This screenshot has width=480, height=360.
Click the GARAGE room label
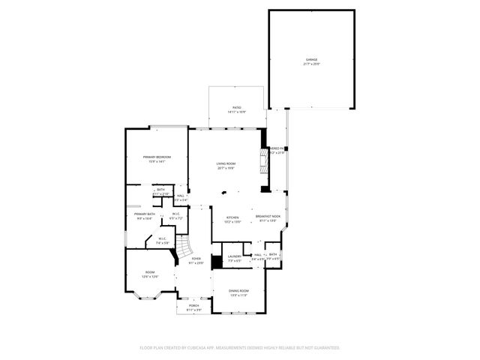[311, 60]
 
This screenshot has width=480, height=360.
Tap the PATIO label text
[236, 108]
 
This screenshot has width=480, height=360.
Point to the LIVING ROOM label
[226, 163]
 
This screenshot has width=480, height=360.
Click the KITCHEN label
[232, 217]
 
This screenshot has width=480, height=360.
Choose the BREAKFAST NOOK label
[268, 217]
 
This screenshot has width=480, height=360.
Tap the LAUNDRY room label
[234, 256]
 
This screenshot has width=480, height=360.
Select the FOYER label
[196, 259]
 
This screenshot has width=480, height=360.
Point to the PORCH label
[193, 306]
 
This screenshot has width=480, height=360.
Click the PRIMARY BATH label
[145, 214]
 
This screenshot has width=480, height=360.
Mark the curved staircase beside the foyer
[183, 247]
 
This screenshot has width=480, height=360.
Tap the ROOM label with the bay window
[149, 272]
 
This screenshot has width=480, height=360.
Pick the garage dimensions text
[311, 64]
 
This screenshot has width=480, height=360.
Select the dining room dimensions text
[238, 295]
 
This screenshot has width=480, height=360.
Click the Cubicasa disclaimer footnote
[239, 348]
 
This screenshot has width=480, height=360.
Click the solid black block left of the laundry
[217, 262]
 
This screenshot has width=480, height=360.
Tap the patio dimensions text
[236, 112]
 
